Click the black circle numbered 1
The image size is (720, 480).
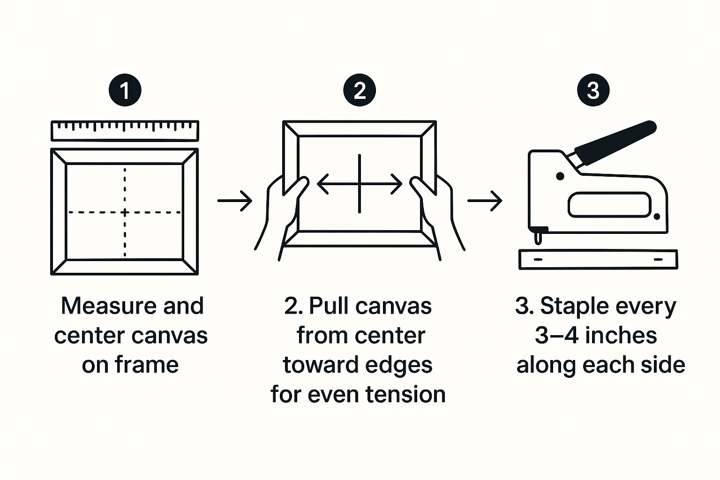pos(125,90)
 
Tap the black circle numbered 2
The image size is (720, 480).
pos(360,90)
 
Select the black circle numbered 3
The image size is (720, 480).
pos(593,90)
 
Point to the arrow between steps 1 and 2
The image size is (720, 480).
pos(235,201)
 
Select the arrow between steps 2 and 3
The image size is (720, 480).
pos(485,201)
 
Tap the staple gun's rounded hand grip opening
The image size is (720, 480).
pos(609,205)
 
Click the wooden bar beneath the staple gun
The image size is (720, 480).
pos(598,259)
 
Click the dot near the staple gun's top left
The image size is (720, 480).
pos(560,176)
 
